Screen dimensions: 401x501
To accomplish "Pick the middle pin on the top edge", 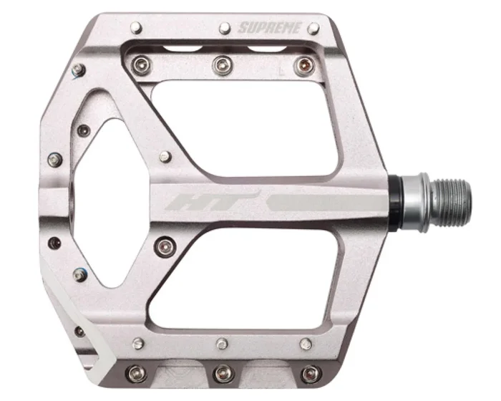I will click(225, 28).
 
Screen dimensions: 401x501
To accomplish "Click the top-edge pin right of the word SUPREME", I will click(313, 28).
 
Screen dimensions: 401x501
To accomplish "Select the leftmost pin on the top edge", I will click(136, 28).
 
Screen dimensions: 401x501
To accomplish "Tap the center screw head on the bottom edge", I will click(223, 373).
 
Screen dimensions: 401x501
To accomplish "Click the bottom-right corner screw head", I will click(310, 373).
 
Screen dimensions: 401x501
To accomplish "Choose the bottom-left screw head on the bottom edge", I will click(135, 373).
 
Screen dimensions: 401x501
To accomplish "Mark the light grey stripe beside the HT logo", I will click(322, 201).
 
